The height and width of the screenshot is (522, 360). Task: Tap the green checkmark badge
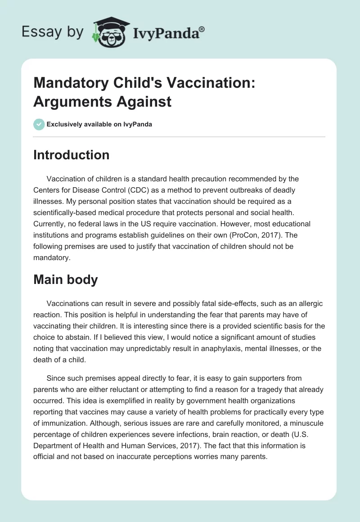pyautogui.click(x=39, y=124)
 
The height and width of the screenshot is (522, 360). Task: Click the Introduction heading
pyautogui.click(x=71, y=155)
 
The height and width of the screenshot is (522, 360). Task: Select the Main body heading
pyautogui.click(x=65, y=279)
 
